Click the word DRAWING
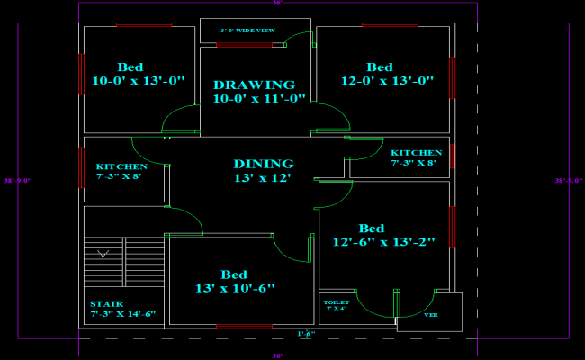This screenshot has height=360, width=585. tap(254, 85)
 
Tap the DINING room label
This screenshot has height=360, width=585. tap(264, 164)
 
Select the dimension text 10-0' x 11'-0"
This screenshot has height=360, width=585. tap(259, 99)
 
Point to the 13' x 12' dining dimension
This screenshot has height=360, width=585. tap(263, 178)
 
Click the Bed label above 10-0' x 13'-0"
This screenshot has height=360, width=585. tap(130, 67)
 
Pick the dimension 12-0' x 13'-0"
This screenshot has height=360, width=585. tap(388, 81)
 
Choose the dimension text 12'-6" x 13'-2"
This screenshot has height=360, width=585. tap(383, 241)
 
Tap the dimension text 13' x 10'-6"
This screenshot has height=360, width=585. tap(234, 288)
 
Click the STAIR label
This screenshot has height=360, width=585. tap(107, 304)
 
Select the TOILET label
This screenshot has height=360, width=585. tap(336, 302)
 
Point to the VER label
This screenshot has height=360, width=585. tap(430, 315)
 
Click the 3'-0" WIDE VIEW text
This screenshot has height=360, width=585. tap(247, 31)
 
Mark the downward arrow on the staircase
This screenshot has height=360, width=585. tap(103, 247)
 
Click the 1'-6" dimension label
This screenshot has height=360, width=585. tap(306, 334)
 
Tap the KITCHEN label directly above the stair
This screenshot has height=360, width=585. tap(121, 166)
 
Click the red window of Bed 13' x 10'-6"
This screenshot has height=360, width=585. tap(244, 326)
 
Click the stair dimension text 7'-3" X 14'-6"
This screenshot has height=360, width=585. tap(123, 315)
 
